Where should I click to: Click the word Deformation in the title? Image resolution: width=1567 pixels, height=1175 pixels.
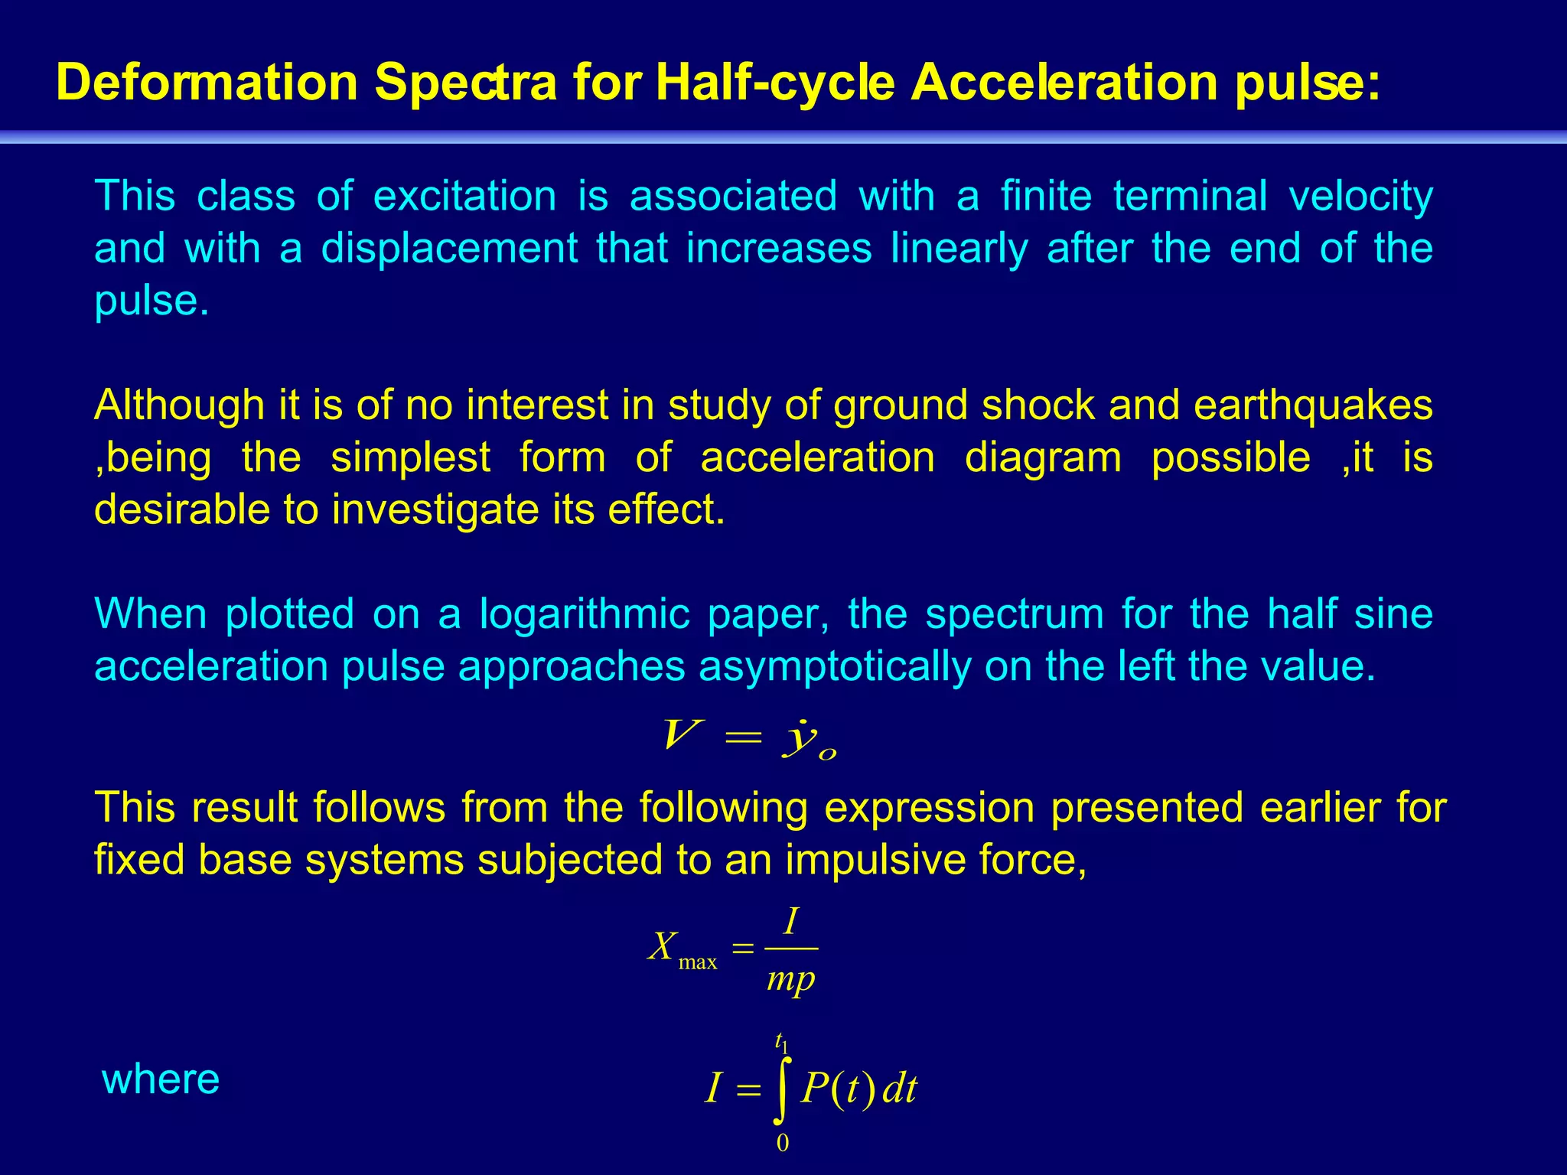[207, 83]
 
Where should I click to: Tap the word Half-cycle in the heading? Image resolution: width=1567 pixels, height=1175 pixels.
[775, 83]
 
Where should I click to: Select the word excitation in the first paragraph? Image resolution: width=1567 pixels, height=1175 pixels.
[464, 196]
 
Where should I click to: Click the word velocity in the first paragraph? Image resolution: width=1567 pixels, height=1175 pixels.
[1360, 196]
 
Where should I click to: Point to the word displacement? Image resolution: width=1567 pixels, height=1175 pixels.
[449, 249]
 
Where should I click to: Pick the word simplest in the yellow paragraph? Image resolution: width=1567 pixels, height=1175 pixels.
[410, 457]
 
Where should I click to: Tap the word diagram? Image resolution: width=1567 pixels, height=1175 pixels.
[1043, 457]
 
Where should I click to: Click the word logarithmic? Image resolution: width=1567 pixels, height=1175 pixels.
[584, 614]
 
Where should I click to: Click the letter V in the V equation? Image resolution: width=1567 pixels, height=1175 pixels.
[680, 736]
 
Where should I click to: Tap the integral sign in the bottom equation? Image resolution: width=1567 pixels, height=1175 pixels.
[780, 1089]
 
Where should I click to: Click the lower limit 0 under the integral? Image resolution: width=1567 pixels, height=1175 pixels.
[782, 1143]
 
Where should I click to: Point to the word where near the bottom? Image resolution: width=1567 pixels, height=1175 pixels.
[161, 1079]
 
